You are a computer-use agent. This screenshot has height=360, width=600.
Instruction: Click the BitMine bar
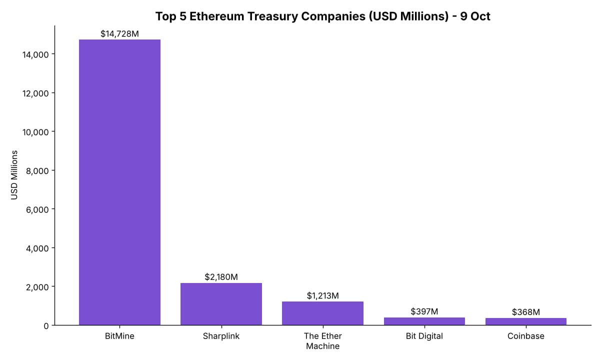coord(119,182)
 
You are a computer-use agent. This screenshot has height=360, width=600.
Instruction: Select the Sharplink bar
coord(221,304)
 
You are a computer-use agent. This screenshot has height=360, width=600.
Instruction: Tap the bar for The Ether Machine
coord(322,313)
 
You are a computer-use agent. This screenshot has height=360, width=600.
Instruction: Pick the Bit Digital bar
coord(424,321)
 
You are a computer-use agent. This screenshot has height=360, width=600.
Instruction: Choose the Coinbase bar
coord(526,321)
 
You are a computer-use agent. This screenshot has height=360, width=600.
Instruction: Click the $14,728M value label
coord(119,34)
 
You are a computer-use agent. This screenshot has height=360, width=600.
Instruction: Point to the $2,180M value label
coord(221,277)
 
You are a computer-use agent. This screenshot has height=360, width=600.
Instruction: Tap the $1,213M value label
coord(322,295)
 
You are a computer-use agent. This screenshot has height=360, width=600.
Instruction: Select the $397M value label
coord(424,311)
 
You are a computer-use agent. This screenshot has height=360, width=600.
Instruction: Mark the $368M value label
coord(526,312)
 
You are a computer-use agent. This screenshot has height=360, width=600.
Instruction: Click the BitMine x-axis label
coord(119,336)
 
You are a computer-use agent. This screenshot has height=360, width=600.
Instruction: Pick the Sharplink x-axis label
coord(221,336)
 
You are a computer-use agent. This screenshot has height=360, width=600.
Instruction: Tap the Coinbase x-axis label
coord(526,336)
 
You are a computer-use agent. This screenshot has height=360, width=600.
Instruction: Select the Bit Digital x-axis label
coord(424,336)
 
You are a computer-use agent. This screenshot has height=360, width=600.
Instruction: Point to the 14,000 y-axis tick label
coord(35,54)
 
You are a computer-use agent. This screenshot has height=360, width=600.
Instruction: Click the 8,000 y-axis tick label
coord(37,171)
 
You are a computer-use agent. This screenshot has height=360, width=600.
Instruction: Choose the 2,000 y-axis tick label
coord(37,287)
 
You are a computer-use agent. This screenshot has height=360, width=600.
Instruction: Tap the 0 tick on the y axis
coord(46,326)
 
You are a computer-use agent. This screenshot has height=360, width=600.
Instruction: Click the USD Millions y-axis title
coord(14,175)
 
